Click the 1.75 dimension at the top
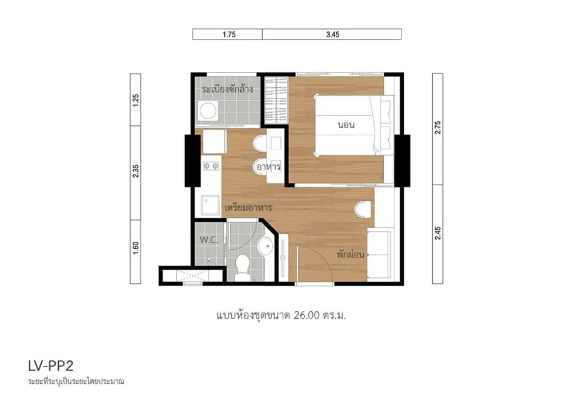click(x=229, y=35)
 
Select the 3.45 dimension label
click(x=333, y=35)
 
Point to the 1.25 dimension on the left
click(x=136, y=100)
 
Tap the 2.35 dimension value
click(x=136, y=171)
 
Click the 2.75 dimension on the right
click(x=438, y=127)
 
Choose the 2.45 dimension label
click(x=438, y=233)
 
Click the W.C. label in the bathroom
click(x=208, y=240)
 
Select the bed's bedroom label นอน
click(x=346, y=125)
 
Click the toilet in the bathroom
click(x=242, y=267)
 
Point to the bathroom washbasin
click(x=266, y=246)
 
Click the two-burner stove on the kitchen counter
click(x=211, y=167)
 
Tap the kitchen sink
click(x=211, y=206)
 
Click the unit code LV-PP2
click(x=51, y=366)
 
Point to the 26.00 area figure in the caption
click(x=307, y=315)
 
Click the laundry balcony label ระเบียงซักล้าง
click(x=228, y=89)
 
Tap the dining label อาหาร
click(x=268, y=167)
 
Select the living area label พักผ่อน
click(x=351, y=254)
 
